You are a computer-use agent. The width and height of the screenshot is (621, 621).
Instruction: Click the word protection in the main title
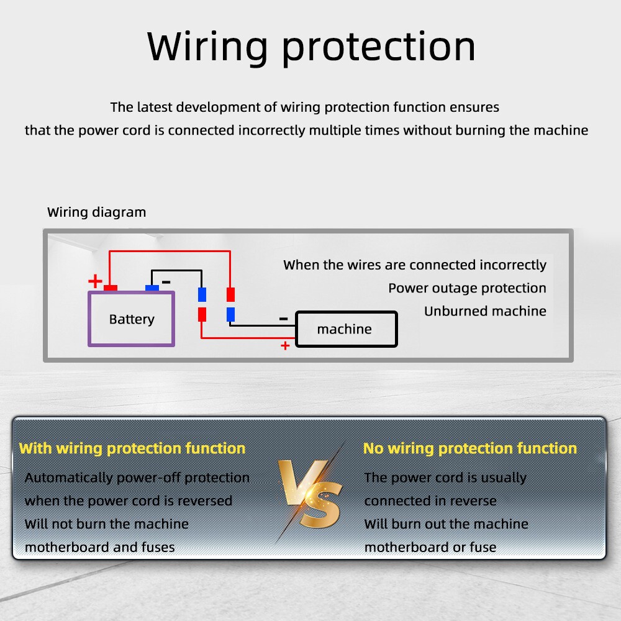(x=378, y=49)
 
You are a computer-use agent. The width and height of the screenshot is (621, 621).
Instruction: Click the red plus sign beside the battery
(x=95, y=281)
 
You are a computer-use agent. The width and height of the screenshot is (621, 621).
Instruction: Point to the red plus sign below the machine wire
(x=285, y=346)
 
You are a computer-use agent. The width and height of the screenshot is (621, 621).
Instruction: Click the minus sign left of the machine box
(x=284, y=319)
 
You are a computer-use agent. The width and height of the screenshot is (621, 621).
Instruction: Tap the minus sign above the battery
(x=166, y=281)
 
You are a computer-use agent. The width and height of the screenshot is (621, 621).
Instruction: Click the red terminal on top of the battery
(x=111, y=288)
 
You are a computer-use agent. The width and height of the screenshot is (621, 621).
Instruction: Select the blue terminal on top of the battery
(x=152, y=288)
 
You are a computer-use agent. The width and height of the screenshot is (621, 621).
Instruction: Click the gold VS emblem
(x=310, y=493)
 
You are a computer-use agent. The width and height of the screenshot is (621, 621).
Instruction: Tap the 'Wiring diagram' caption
(x=97, y=212)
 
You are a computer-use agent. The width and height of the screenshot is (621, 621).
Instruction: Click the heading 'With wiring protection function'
(x=132, y=448)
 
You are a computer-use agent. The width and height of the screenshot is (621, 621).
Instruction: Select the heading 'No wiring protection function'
(x=470, y=448)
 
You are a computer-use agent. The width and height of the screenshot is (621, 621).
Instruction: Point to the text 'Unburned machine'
(x=485, y=311)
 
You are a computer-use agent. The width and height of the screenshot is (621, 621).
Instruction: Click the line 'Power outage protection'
(x=468, y=288)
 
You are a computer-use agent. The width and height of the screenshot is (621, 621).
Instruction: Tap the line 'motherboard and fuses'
(x=100, y=547)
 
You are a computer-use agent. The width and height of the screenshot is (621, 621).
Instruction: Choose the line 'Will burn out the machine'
(x=446, y=524)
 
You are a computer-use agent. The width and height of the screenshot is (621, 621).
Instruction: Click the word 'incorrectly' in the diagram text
(x=513, y=265)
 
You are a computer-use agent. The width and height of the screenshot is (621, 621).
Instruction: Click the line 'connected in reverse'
(x=430, y=501)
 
